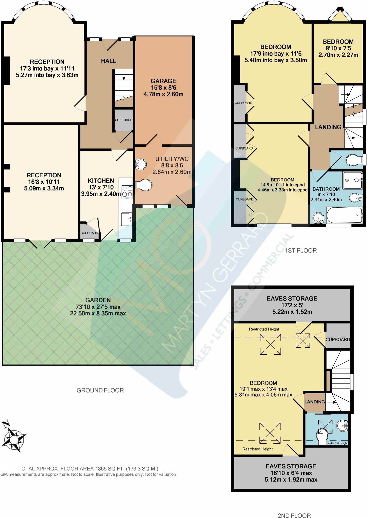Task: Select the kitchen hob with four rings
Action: tap(127, 191)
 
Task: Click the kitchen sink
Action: tap(126, 219)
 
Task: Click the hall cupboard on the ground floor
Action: tap(123, 120)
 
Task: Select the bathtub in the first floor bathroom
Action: tap(344, 215)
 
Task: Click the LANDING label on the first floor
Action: tap(328, 127)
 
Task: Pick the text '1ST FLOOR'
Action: tap(301, 250)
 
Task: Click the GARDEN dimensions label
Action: tap(98, 307)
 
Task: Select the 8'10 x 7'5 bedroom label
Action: tap(338, 48)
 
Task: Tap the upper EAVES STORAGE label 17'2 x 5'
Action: tap(292, 305)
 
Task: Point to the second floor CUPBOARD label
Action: tap(337, 339)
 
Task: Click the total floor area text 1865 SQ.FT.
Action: tap(88, 469)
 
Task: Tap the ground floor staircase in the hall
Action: tap(124, 85)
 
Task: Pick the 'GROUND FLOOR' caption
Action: tap(100, 390)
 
